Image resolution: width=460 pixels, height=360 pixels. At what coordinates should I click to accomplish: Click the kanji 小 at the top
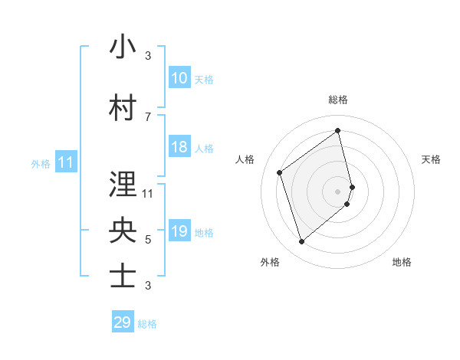pyautogui.click(x=123, y=47)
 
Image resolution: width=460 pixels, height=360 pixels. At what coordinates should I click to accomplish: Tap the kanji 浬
pyautogui.click(x=123, y=185)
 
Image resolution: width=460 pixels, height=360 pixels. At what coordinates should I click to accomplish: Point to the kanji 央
pyautogui.click(x=123, y=231)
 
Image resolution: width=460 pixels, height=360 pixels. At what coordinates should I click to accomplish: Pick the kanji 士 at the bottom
pyautogui.click(x=123, y=277)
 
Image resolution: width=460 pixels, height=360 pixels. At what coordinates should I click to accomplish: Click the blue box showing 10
pyautogui.click(x=179, y=78)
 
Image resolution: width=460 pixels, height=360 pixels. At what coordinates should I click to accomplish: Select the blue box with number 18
pyautogui.click(x=179, y=147)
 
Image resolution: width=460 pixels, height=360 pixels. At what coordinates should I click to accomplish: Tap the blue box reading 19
pyautogui.click(x=179, y=231)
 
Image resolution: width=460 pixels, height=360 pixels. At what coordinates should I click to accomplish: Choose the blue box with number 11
pyautogui.click(x=65, y=162)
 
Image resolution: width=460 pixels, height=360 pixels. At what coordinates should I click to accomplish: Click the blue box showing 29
pyautogui.click(x=123, y=322)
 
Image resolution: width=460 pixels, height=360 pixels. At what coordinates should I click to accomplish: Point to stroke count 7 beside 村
pyautogui.click(x=148, y=116)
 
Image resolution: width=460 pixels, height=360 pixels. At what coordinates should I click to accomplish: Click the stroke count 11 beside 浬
pyautogui.click(x=148, y=193)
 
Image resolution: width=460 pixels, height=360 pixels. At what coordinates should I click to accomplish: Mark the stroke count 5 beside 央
pyautogui.click(x=148, y=240)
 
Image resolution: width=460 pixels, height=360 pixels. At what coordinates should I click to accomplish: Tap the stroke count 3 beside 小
pyautogui.click(x=148, y=56)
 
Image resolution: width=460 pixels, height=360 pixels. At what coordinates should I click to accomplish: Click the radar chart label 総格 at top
pyautogui.click(x=338, y=100)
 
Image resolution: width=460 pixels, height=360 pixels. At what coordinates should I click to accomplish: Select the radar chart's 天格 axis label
pyautogui.click(x=431, y=159)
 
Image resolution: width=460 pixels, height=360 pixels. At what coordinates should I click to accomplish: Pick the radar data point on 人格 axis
pyautogui.click(x=280, y=172)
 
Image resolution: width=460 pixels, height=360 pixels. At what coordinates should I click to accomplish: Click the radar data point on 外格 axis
pyautogui.click(x=301, y=242)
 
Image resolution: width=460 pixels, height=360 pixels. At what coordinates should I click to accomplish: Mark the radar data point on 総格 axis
pyautogui.click(x=338, y=130)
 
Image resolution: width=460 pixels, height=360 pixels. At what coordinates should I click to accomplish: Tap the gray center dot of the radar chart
pyautogui.click(x=338, y=191)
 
